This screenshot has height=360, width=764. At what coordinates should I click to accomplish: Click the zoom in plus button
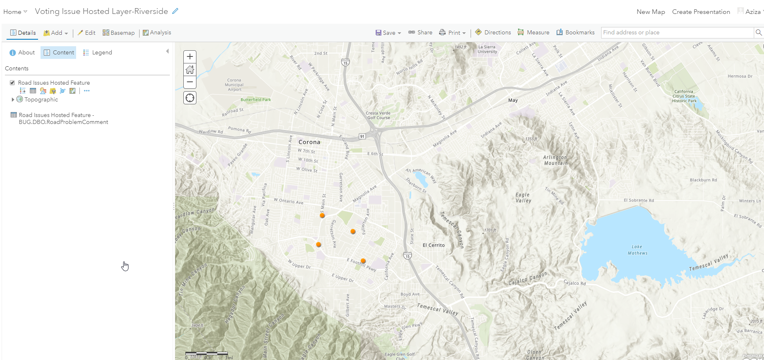point(190,57)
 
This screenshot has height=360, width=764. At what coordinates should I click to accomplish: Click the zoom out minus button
point(190,82)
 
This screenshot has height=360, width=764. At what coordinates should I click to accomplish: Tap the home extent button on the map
point(190,70)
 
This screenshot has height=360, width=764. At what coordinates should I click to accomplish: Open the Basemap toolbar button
point(118,33)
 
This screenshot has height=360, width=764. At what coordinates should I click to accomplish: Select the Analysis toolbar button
point(157,33)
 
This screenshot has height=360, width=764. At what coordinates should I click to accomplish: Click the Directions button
point(493,33)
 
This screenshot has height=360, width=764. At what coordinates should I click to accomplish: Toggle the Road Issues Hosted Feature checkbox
point(12,83)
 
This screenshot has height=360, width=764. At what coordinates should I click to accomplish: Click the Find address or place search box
point(677,33)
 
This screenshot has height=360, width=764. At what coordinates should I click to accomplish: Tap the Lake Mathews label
point(637,250)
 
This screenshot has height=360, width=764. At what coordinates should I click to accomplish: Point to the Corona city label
point(309,142)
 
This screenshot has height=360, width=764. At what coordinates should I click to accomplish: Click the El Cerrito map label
point(433,245)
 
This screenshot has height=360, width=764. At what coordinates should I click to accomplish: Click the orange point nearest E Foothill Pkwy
point(363,261)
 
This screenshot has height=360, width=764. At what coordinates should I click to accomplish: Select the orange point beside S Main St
point(322,215)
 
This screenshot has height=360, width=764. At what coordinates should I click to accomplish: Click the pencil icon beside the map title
point(175,11)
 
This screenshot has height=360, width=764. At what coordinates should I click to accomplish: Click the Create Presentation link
point(701,12)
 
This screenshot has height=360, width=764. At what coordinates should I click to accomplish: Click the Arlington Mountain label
point(555,160)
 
